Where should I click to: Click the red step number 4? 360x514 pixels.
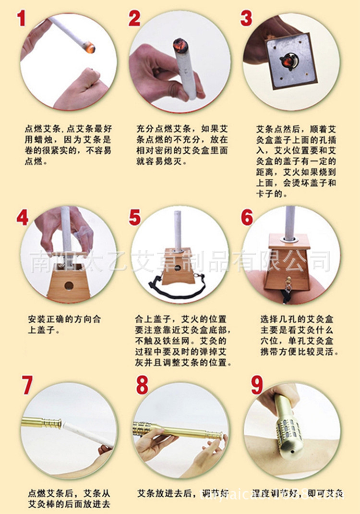[22, 217]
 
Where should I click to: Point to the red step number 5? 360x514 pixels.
[135, 217]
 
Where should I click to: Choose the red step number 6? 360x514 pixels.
[247, 217]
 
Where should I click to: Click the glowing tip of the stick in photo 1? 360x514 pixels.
[88, 47]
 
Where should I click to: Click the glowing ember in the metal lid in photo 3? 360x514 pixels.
[288, 61]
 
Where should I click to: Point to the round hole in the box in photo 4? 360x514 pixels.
[69, 285]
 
